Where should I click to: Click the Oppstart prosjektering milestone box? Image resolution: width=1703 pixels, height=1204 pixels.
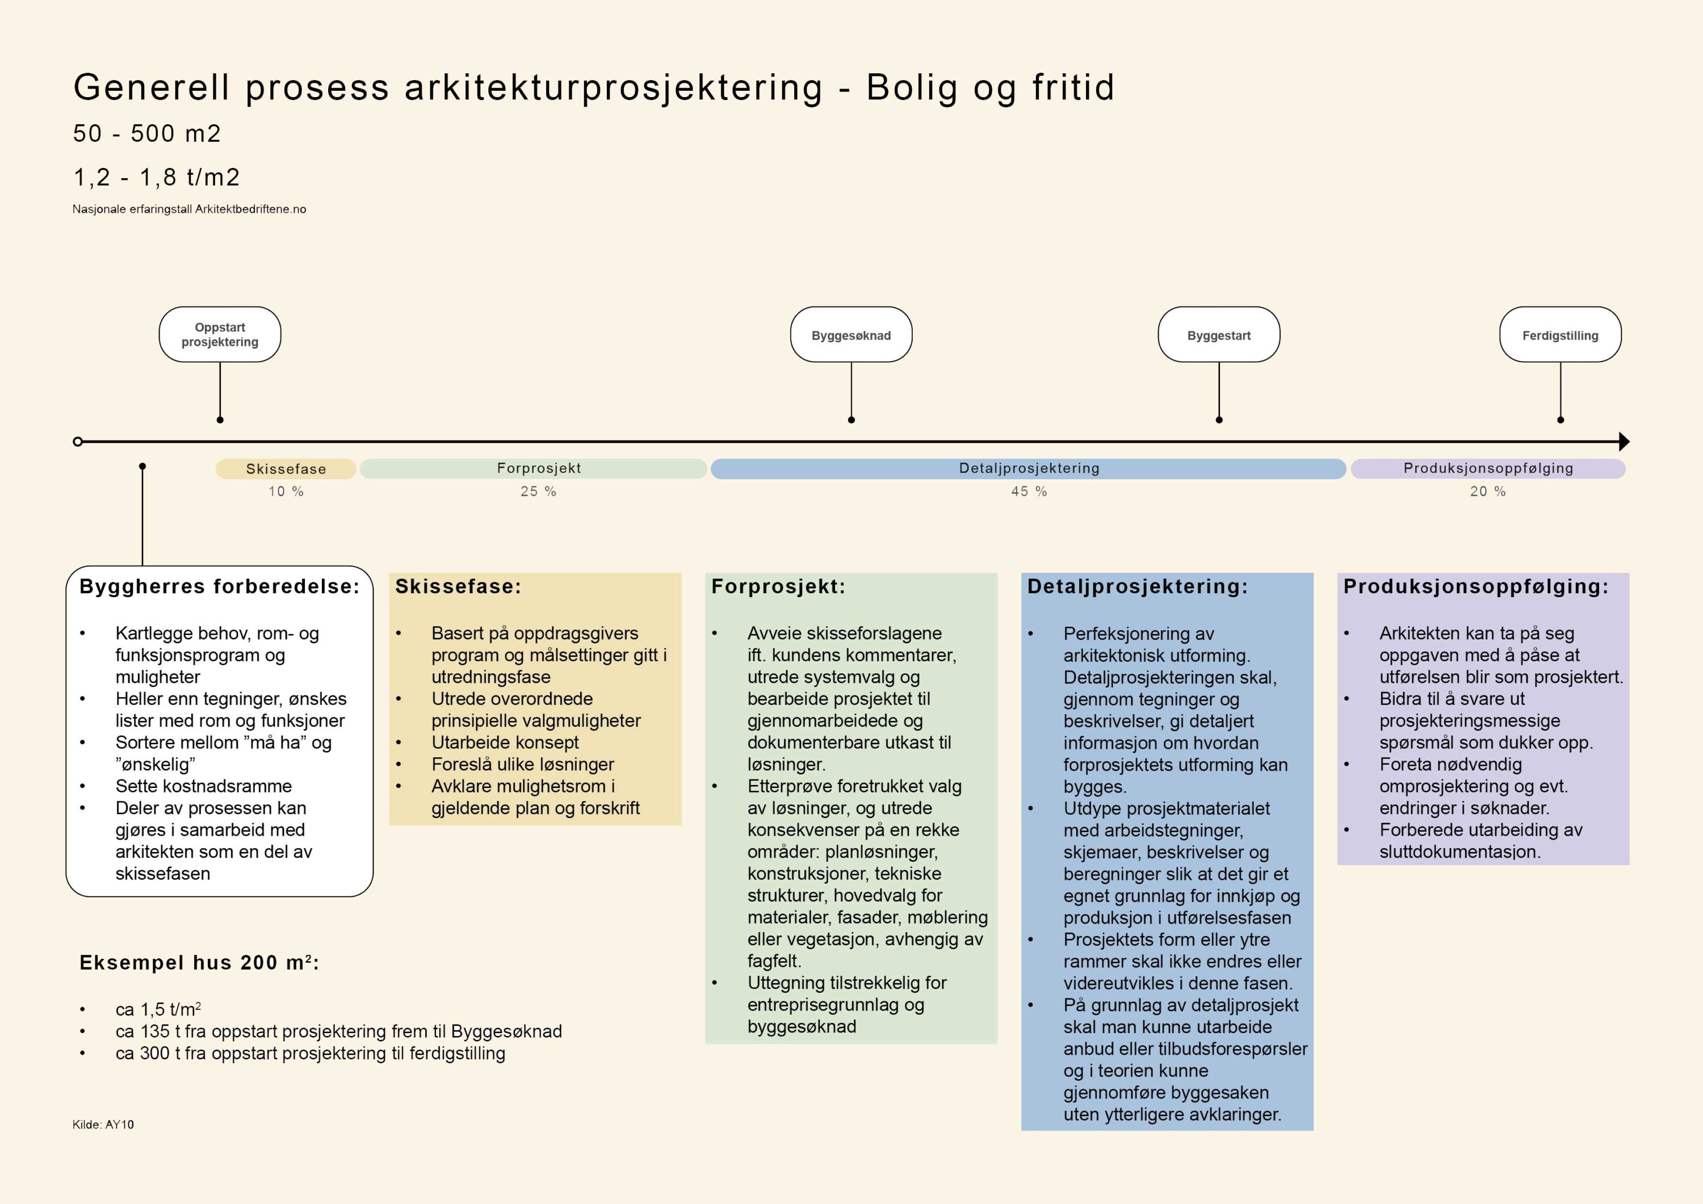220,334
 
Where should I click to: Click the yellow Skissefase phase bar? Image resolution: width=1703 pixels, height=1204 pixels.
286,469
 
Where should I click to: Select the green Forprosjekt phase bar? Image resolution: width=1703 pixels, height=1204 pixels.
533,469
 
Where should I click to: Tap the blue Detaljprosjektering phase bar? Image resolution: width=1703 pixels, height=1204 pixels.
1028,469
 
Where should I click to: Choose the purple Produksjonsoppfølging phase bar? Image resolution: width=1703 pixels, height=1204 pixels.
1488,469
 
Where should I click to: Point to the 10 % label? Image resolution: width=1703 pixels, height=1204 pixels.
286,492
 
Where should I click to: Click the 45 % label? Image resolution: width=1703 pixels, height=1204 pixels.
1029,492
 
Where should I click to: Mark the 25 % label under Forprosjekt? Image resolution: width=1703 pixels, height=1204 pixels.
538,492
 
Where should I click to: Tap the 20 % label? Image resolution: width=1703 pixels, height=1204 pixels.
1488,492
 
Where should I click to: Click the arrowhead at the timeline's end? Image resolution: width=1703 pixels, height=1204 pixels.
1623,442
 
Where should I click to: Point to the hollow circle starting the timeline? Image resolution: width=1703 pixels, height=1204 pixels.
78,442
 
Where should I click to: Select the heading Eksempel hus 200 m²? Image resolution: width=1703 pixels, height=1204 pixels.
199,963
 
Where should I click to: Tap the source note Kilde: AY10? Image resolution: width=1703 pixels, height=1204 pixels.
103,1125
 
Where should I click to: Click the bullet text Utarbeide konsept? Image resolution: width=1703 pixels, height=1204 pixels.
505,742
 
